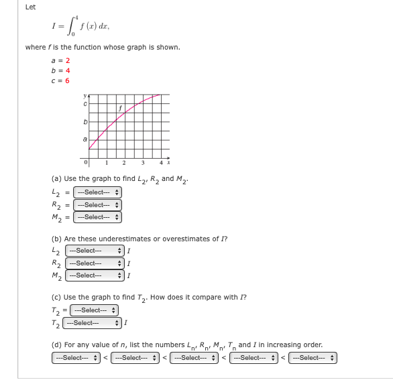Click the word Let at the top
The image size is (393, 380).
30,7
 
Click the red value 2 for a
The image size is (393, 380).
68,60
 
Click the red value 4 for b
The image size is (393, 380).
68,69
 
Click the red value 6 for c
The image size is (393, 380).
68,78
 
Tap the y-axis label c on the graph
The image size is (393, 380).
85,102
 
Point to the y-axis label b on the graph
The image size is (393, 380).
85,123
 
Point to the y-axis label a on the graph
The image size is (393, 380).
85,139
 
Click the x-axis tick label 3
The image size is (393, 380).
142,164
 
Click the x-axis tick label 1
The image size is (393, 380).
107,164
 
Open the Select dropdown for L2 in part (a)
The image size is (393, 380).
95,193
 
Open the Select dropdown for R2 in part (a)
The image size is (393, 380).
95,204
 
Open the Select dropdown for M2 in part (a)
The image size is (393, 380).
95,216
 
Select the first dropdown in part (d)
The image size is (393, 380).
75,357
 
